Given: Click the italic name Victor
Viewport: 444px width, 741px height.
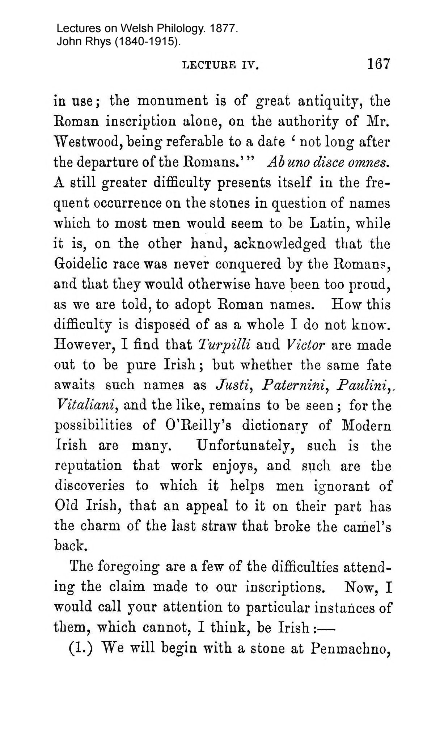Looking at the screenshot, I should (x=306, y=345).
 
